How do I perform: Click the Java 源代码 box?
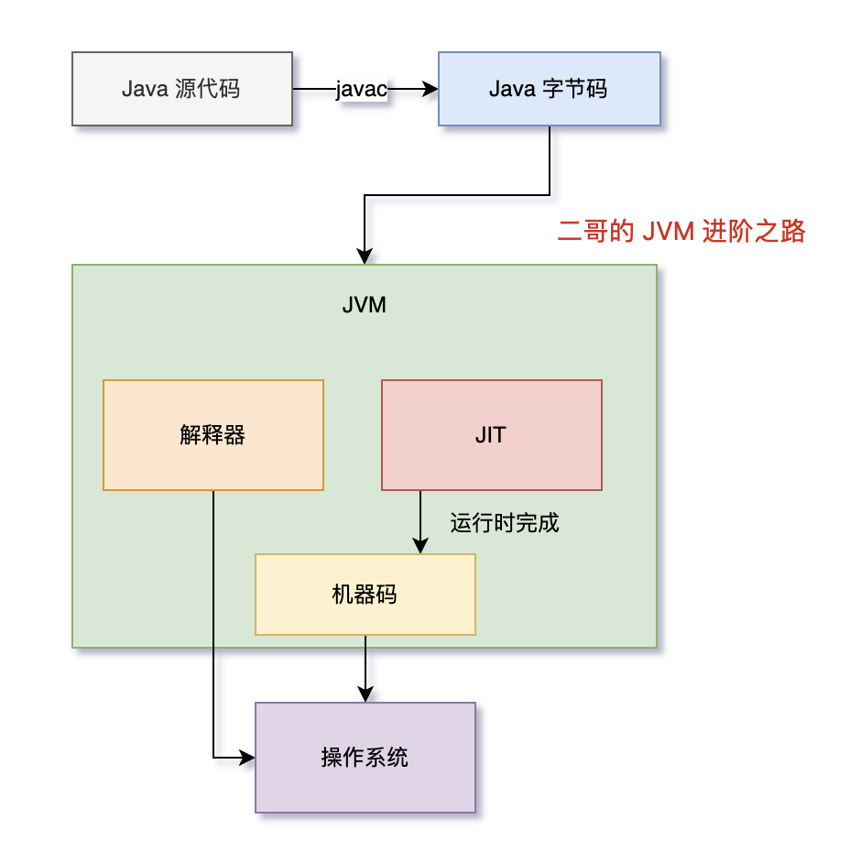182,89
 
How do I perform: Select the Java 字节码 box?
549,89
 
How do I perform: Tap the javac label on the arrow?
362,89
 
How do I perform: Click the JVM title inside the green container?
365,305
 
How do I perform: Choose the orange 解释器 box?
213,435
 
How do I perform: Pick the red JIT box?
491,435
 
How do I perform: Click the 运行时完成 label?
504,524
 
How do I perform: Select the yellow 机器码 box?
365,595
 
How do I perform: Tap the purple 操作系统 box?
365,758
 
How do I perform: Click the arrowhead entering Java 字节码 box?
431,89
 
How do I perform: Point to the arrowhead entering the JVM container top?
365,257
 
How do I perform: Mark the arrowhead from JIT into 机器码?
420,546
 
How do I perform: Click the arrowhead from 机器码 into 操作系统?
365,694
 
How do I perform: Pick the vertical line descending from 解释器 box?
213,623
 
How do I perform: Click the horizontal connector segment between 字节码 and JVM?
458,195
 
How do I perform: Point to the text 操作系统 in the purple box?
365,758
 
